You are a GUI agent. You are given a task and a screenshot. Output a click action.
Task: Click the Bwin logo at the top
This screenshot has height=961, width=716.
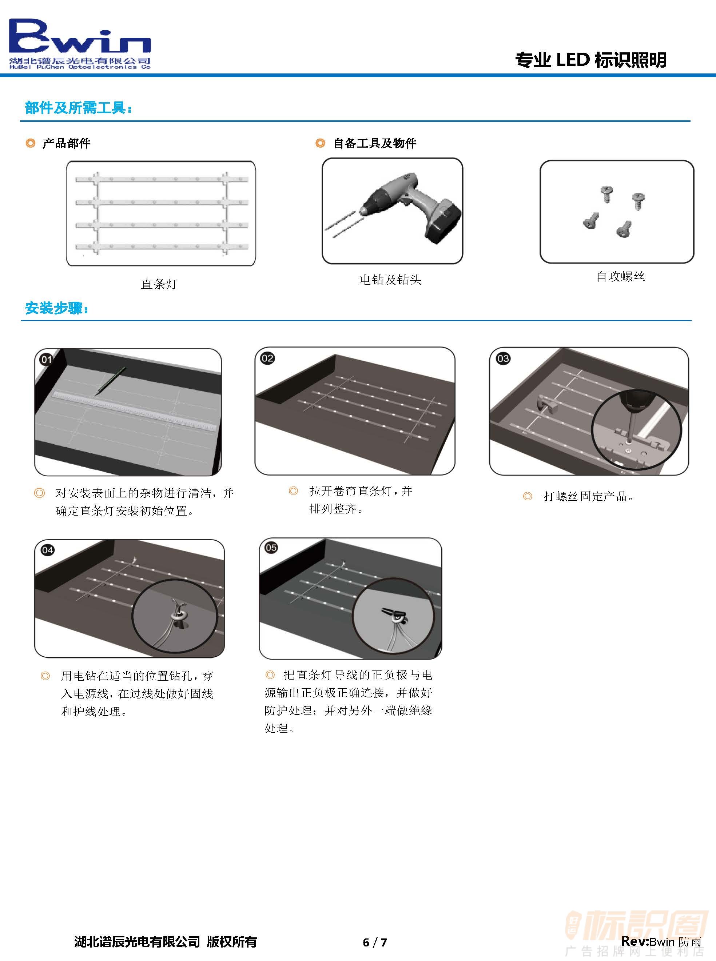tap(80, 43)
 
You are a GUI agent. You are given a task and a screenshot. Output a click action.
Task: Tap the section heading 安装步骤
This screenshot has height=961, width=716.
tap(57, 308)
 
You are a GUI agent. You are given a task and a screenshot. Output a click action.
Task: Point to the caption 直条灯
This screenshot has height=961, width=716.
tap(159, 284)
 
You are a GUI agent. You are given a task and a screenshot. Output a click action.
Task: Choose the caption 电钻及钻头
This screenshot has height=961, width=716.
tap(390, 279)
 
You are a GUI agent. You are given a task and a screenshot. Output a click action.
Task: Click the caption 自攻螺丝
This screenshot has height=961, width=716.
tap(620, 276)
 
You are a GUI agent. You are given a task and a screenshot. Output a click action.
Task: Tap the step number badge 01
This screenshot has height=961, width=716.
tap(46, 360)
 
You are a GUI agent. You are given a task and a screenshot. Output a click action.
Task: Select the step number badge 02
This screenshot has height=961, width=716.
tap(267, 358)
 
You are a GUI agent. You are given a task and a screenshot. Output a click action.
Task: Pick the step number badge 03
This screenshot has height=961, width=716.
tap(503, 359)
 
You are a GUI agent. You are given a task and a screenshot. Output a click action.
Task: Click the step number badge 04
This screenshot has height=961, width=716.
tap(47, 550)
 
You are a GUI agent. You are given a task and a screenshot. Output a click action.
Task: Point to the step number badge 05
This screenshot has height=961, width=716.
tap(271, 548)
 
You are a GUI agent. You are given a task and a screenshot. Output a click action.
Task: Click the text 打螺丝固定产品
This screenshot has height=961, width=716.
tap(589, 496)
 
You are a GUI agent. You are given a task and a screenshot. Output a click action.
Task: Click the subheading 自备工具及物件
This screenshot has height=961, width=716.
tap(374, 143)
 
